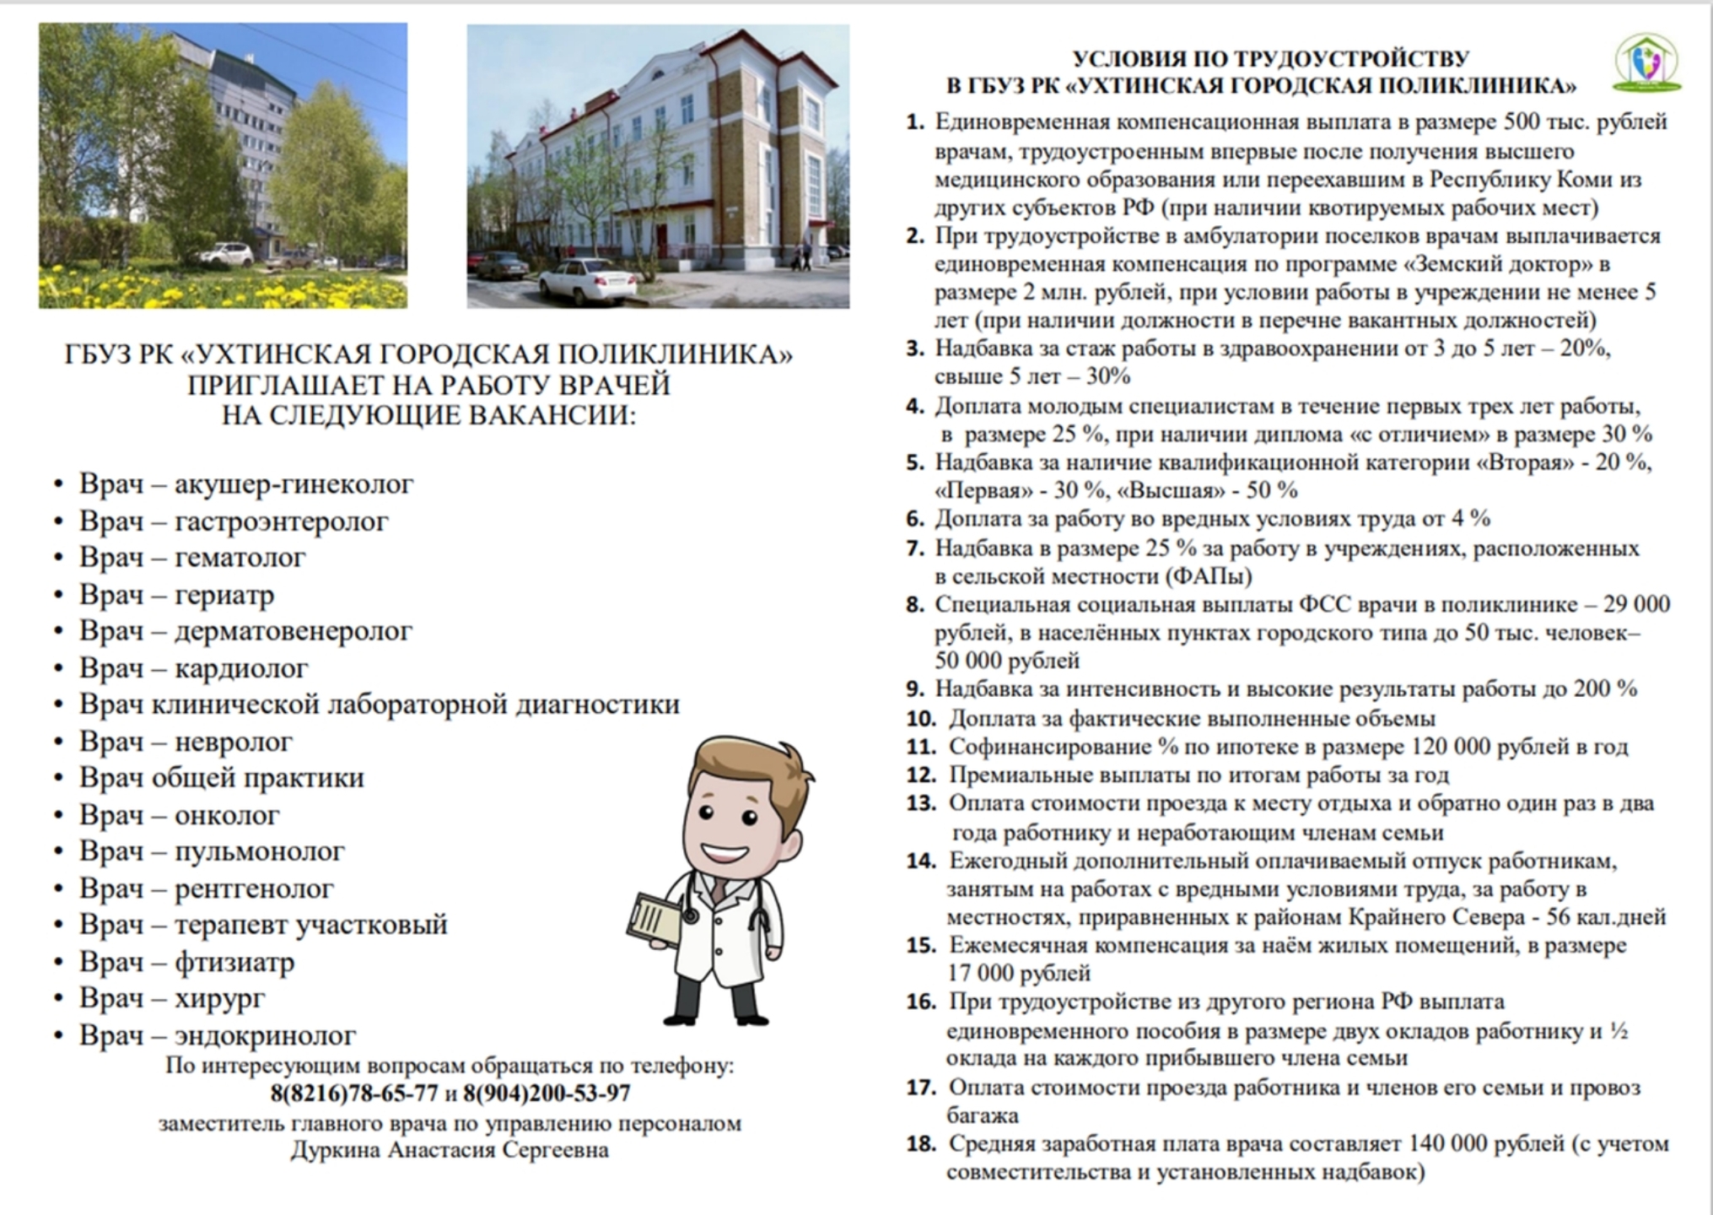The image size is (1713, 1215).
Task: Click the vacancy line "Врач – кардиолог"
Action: (x=193, y=668)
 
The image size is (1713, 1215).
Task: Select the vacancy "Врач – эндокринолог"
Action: (x=217, y=1035)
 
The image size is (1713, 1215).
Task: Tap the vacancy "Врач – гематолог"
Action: (x=192, y=558)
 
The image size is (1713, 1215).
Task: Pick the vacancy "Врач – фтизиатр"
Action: (x=186, y=962)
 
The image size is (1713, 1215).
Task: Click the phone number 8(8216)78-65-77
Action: (x=354, y=1093)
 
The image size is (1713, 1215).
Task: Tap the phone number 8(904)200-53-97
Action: (x=547, y=1093)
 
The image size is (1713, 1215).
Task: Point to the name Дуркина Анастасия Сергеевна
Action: (x=450, y=1150)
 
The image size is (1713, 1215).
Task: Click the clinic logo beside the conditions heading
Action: (x=1647, y=62)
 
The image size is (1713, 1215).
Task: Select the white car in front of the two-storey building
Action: (x=588, y=280)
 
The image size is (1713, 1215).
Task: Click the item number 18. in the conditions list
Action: (x=921, y=1144)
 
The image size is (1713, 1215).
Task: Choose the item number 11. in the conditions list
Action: (x=921, y=747)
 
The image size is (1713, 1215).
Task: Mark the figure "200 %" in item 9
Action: (x=1605, y=688)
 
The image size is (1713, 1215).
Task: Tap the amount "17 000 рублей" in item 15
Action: (x=1019, y=974)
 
